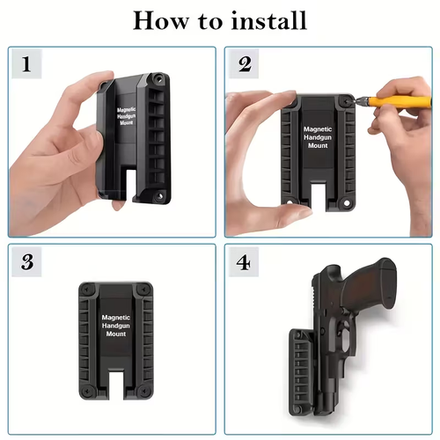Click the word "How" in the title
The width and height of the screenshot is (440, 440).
(x=161, y=21)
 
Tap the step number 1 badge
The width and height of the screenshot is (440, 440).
(x=27, y=65)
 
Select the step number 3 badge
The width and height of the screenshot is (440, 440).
(x=27, y=261)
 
